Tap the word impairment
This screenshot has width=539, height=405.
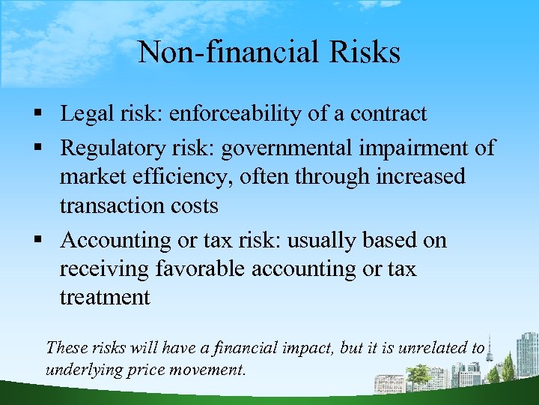405,148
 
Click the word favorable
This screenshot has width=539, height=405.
195,269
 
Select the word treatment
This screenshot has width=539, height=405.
105,298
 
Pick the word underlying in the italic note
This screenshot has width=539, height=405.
81,370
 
